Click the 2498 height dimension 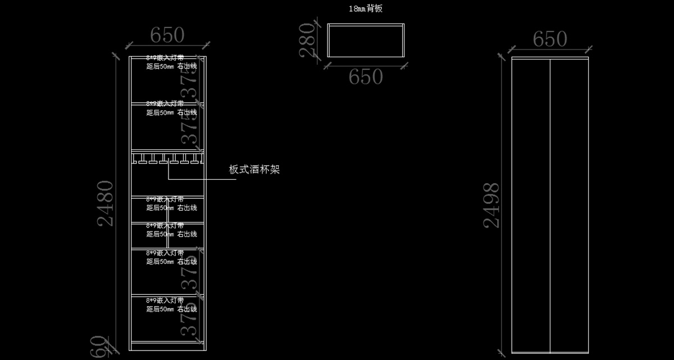491,205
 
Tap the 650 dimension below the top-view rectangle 366,77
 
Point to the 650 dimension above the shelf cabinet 167,35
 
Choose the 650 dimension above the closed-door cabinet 550,39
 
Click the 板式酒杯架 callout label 254,170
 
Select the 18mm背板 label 366,8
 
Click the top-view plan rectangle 366,40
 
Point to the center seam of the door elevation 550,205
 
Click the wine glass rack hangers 167,160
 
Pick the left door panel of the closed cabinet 531,205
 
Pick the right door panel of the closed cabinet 569,205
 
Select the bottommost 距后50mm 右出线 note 171,309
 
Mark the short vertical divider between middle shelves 167,222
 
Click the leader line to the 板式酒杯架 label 197,179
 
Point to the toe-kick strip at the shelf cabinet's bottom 167,346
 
